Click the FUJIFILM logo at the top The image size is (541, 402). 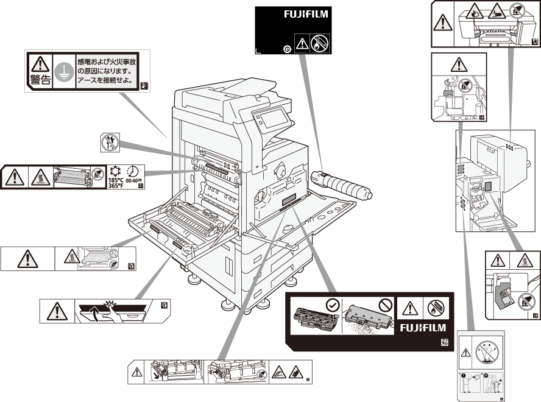pos(306,13)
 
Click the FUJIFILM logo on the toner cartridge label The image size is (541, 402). pos(423,328)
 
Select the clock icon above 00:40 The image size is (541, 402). pos(134,171)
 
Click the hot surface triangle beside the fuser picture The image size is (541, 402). pos(41,177)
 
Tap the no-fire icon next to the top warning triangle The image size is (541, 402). pos(319,43)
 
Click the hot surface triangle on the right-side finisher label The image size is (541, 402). pos(524,261)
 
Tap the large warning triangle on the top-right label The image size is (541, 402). pos(443,24)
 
